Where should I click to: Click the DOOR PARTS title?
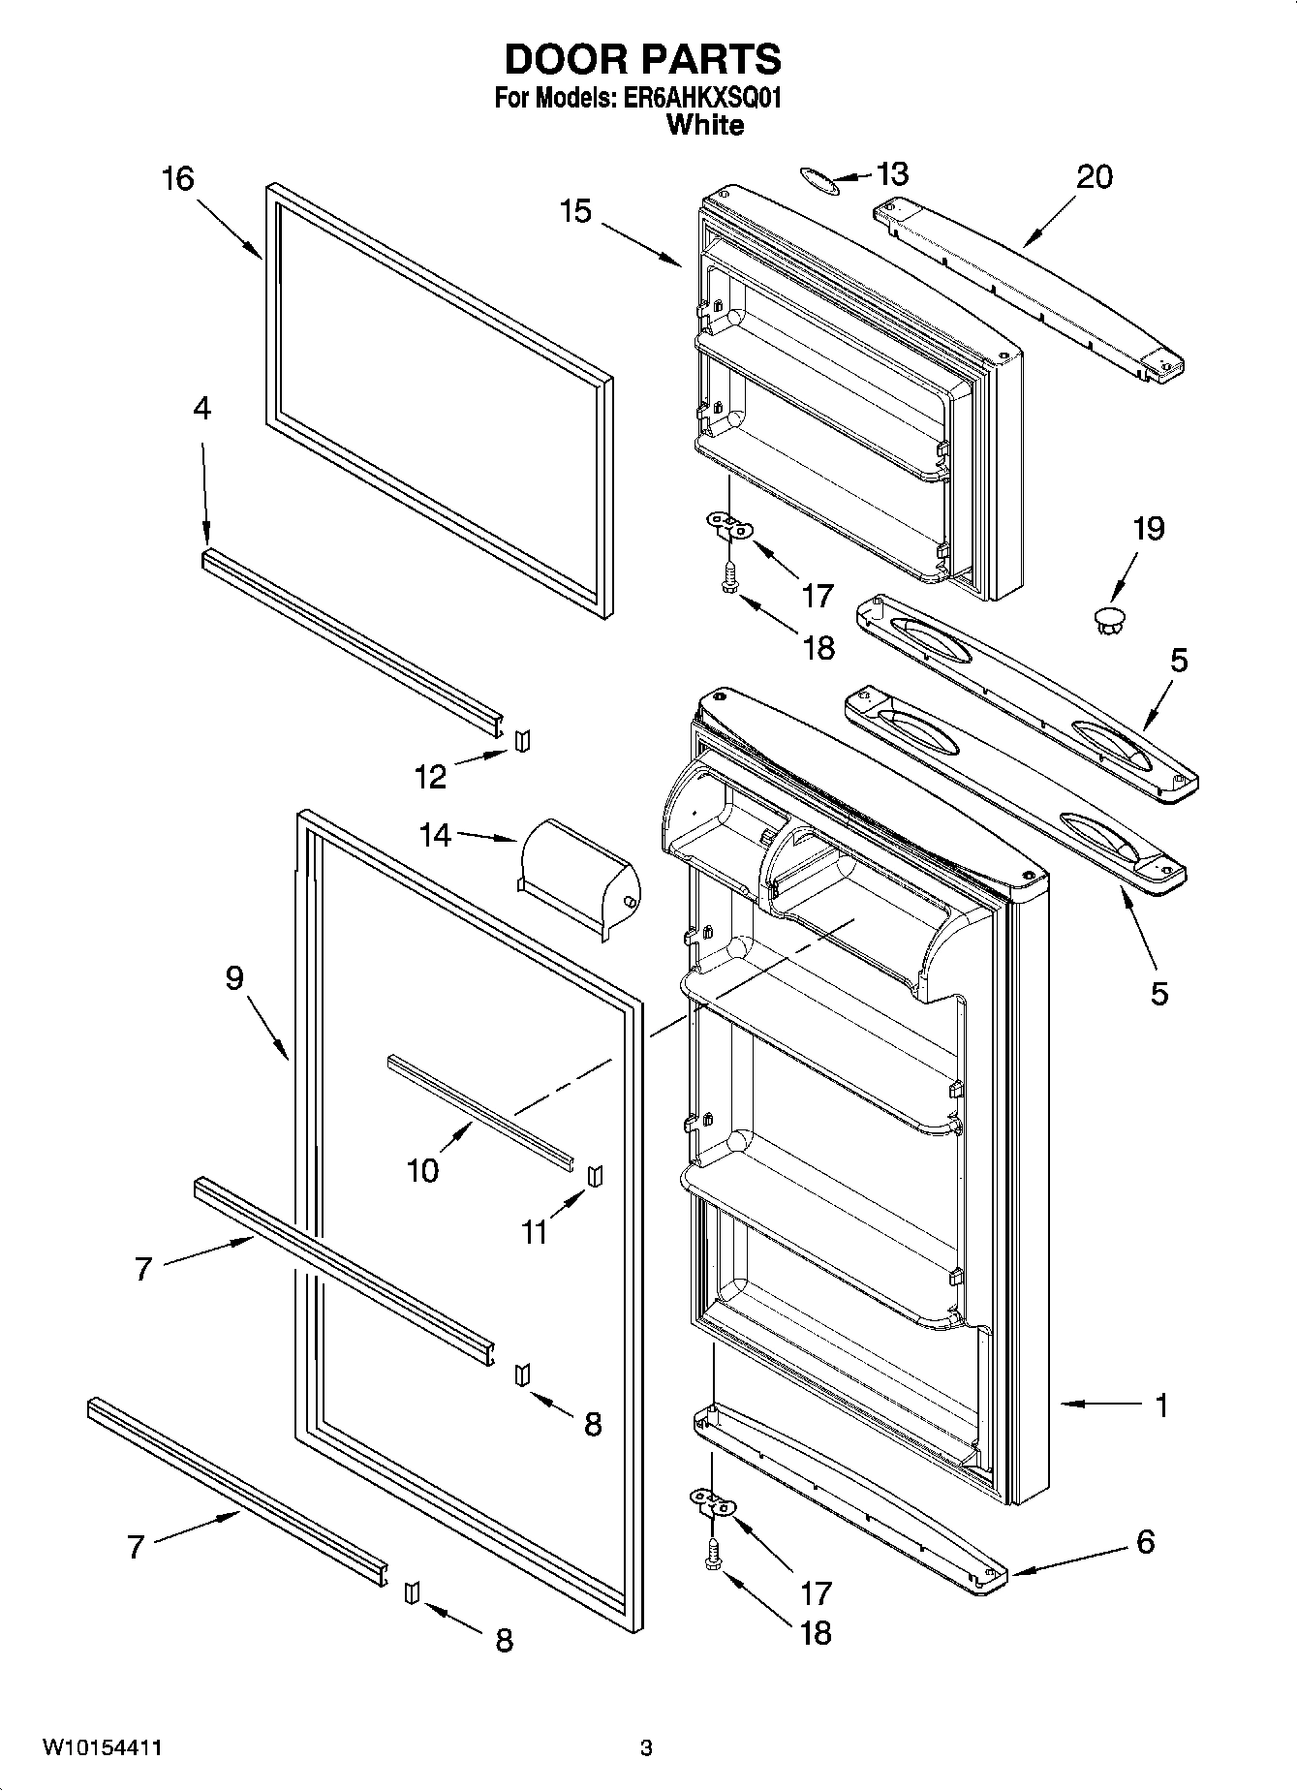pyautogui.click(x=642, y=60)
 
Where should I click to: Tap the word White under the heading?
pyautogui.click(x=706, y=125)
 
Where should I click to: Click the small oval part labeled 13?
pyautogui.click(x=818, y=178)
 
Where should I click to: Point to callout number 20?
pyautogui.click(x=1094, y=177)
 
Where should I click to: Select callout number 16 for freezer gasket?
pyautogui.click(x=178, y=179)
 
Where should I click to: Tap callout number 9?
pyautogui.click(x=234, y=978)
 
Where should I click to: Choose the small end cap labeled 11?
pyautogui.click(x=596, y=1174)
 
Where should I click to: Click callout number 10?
pyautogui.click(x=423, y=1171)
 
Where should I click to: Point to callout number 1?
pyautogui.click(x=1160, y=1405)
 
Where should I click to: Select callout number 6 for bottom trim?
pyautogui.click(x=1145, y=1541)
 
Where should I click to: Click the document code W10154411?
pyautogui.click(x=101, y=1748)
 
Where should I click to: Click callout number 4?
pyautogui.click(x=201, y=409)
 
